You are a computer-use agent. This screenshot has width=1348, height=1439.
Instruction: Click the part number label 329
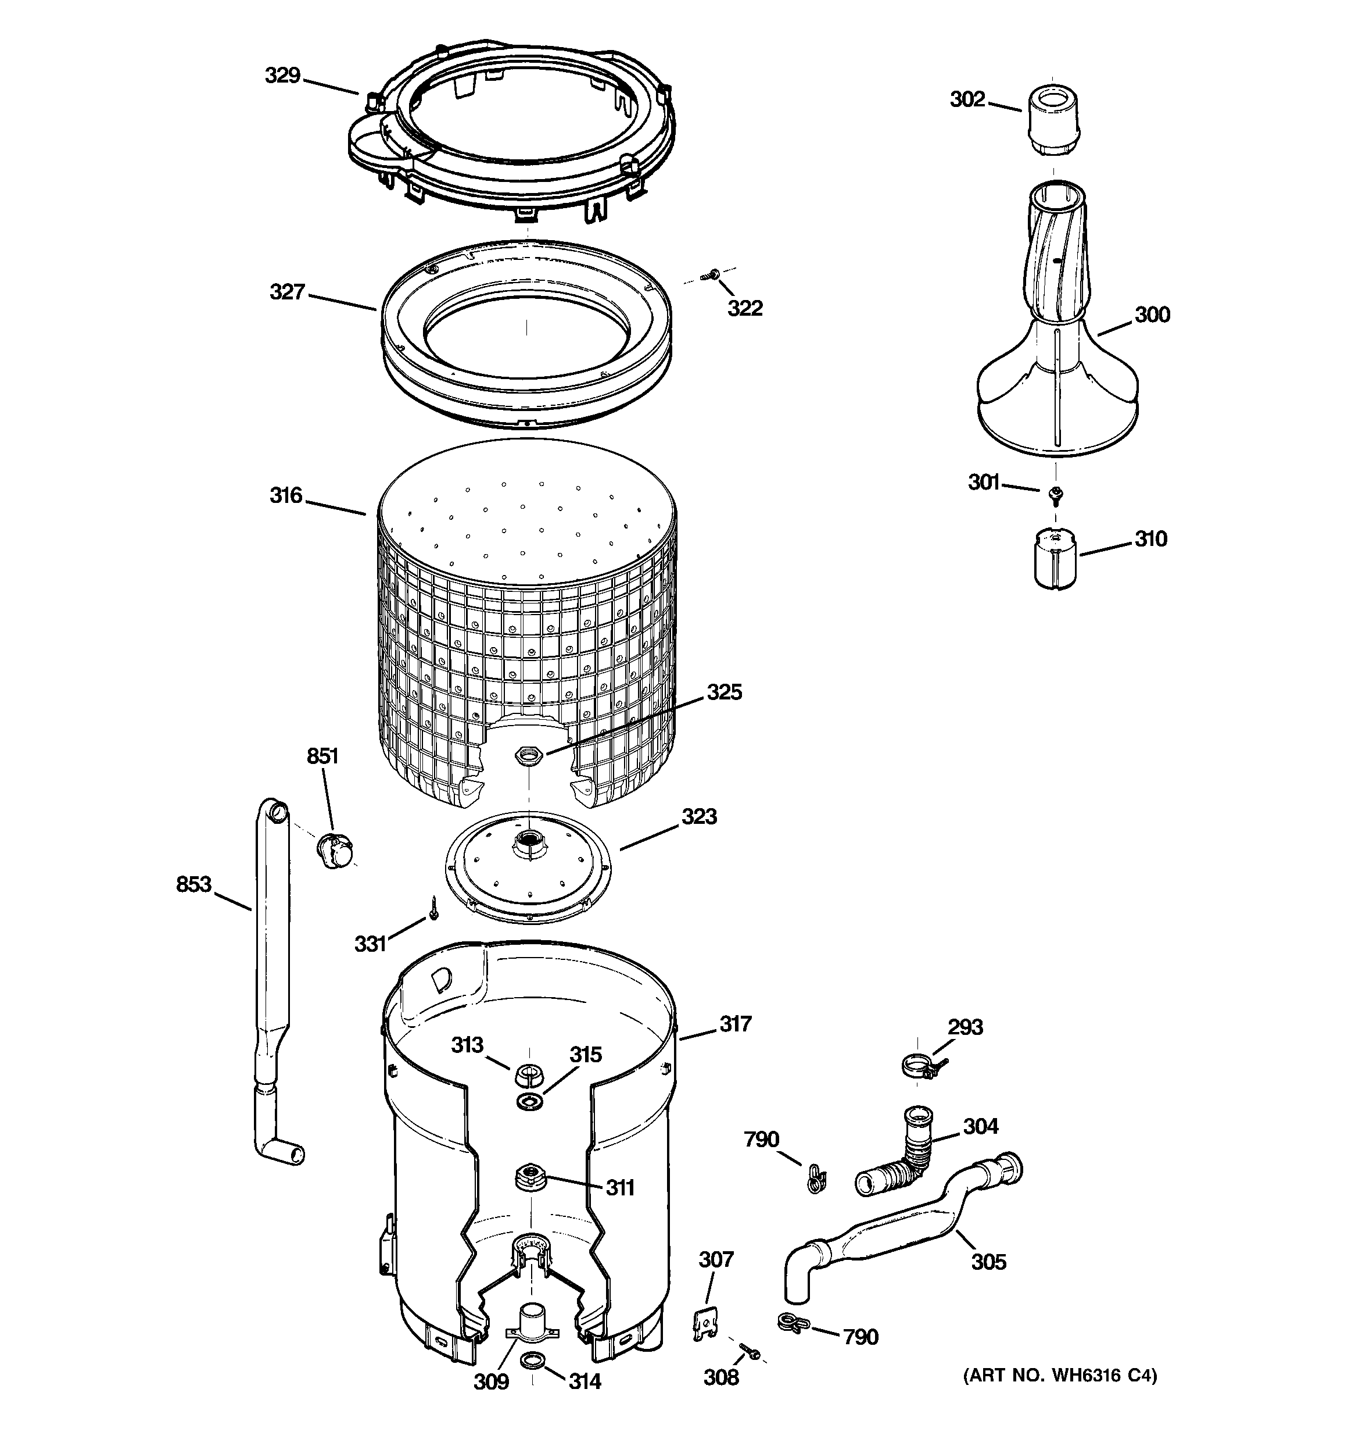(282, 75)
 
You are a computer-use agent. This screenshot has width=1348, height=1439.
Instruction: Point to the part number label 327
(287, 292)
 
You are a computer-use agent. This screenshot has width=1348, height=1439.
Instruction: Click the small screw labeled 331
(433, 907)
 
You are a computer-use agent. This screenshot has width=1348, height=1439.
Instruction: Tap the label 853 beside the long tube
(194, 884)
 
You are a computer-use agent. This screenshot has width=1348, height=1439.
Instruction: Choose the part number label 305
(988, 1262)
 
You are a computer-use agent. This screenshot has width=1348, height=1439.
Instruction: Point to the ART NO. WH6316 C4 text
(1059, 1375)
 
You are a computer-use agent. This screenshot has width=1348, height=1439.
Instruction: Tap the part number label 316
(286, 495)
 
